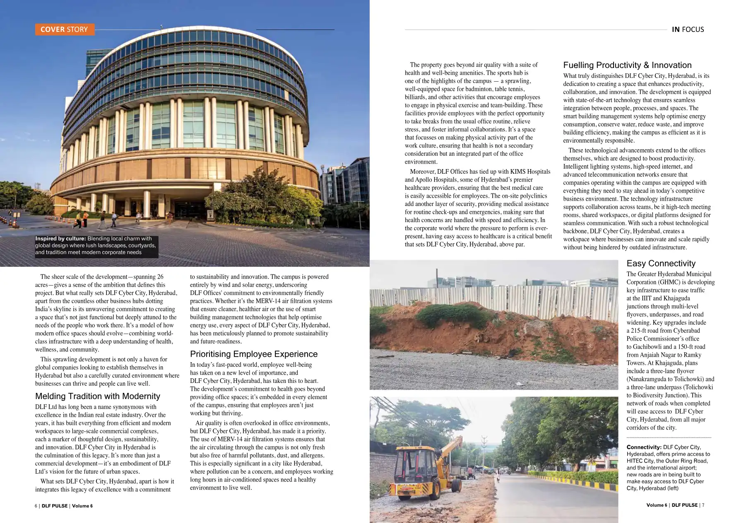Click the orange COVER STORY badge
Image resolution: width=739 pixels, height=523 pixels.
[65, 29]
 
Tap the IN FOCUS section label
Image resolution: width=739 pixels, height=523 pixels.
[688, 29]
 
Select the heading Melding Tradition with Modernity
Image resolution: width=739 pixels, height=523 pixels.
[98, 396]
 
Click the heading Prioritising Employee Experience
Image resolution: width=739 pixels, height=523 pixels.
[254, 354]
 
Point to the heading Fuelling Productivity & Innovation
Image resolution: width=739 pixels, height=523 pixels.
[627, 65]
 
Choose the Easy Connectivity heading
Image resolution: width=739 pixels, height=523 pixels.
[661, 264]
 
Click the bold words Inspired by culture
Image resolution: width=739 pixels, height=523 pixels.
[60, 239]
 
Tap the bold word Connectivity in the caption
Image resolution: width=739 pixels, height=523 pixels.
[644, 447]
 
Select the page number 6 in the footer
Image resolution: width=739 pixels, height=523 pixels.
[36, 506]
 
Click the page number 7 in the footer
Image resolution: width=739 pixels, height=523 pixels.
[703, 505]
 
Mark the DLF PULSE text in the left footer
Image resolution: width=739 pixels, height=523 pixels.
[55, 506]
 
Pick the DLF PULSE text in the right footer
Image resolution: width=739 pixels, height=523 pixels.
[684, 505]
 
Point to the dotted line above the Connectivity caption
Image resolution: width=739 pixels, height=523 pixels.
[669, 438]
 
